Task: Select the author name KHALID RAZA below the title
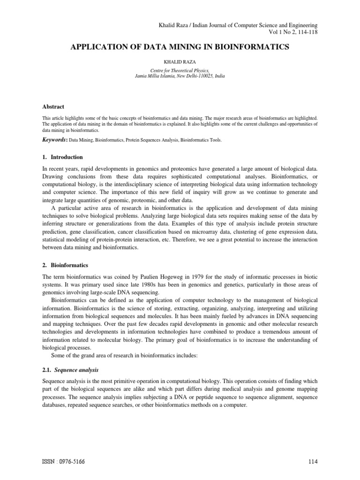[180, 61]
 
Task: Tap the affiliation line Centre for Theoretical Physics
[180, 69]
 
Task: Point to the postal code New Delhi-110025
[197, 75]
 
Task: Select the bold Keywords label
[54, 140]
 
